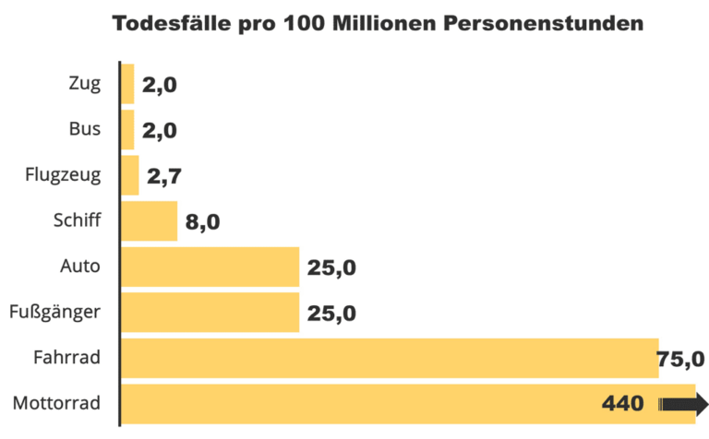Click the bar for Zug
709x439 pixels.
tap(128, 84)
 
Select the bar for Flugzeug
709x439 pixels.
tap(130, 174)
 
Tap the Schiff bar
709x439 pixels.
tap(150, 220)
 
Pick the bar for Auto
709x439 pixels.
tap(210, 267)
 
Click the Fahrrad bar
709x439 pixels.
tap(389, 358)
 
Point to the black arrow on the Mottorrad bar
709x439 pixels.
tap(684, 404)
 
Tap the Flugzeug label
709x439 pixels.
tap(65, 174)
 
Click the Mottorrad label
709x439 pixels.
tap(58, 404)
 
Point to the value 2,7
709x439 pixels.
tap(163, 176)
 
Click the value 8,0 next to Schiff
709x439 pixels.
tap(202, 222)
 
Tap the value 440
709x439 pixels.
tap(624, 404)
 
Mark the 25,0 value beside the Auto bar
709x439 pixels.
tap(331, 268)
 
